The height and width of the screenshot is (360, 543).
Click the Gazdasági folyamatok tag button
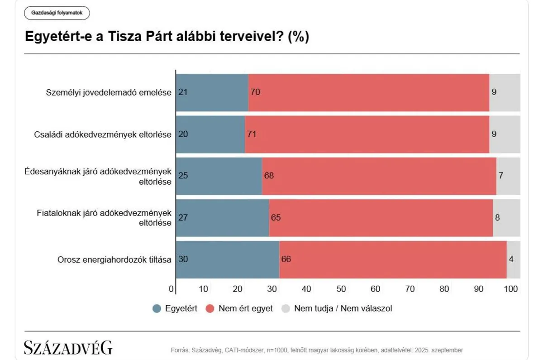[57, 13]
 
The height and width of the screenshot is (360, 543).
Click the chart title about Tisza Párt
[167, 37]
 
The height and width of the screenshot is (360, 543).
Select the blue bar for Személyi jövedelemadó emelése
[212, 92]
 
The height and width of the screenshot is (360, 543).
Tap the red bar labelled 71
[367, 134]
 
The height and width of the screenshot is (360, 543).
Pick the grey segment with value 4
[513, 259]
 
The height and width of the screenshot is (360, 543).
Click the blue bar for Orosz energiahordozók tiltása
[227, 259]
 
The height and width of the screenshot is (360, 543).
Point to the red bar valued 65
[380, 218]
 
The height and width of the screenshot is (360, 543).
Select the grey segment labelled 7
[508, 176]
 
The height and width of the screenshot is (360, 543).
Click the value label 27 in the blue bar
[183, 218]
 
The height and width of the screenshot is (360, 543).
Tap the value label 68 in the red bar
[270, 176]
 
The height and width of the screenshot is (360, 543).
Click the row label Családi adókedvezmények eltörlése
[103, 134]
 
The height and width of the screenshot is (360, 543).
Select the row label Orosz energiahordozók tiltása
[114, 260]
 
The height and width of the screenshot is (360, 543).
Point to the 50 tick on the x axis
[341, 289]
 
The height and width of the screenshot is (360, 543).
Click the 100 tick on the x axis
[511, 289]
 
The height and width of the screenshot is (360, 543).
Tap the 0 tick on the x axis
[171, 289]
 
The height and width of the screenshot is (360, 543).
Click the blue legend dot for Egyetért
[157, 309]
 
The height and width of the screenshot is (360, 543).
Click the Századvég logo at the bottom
[68, 347]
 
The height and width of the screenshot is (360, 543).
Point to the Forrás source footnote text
[317, 350]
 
